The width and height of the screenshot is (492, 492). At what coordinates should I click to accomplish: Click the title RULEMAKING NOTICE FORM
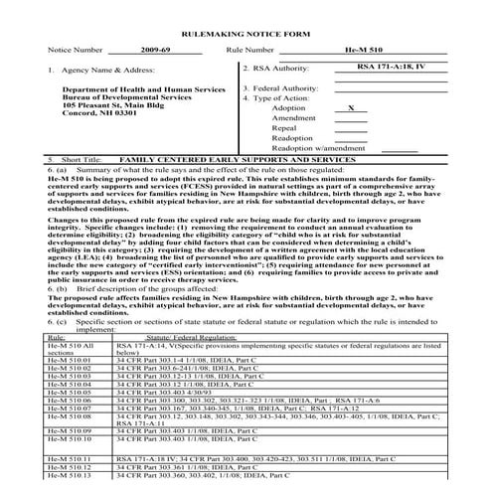(246, 34)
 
